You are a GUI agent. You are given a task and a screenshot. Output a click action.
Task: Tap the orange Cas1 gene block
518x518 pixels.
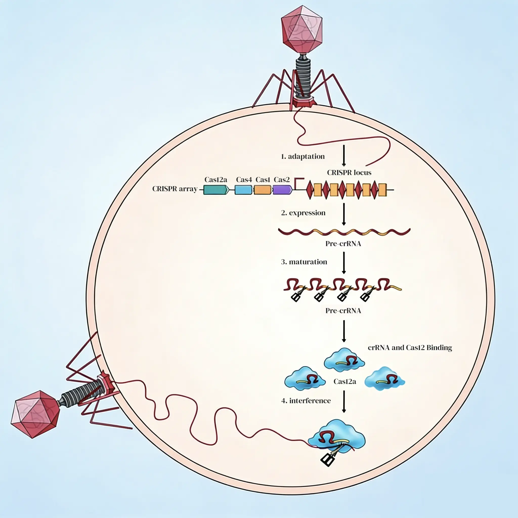coord(263,190)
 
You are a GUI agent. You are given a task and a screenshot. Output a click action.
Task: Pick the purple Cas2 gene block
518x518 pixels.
coord(282,190)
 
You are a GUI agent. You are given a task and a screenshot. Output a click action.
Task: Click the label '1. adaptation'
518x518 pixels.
coord(303,156)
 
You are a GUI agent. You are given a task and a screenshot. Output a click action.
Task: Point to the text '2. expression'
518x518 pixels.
coord(303,213)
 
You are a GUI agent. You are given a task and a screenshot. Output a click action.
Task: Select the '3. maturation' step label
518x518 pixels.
coord(304,262)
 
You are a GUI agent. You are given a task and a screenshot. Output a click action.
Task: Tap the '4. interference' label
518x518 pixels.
coord(306,401)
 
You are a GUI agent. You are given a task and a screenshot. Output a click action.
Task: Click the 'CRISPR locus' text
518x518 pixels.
coord(349,172)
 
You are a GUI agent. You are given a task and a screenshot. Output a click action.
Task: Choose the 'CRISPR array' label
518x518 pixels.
coord(175,189)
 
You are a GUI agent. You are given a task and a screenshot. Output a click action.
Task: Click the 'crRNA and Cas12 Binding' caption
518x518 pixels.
coord(410,348)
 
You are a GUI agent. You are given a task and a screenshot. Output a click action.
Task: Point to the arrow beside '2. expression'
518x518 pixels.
coord(344,214)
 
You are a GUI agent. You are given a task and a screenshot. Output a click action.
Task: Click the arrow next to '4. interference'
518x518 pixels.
coord(344,401)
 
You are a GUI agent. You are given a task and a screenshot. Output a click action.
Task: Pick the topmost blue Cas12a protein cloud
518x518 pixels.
coord(344,360)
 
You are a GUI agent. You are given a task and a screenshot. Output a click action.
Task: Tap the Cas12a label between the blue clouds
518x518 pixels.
coord(344,381)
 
